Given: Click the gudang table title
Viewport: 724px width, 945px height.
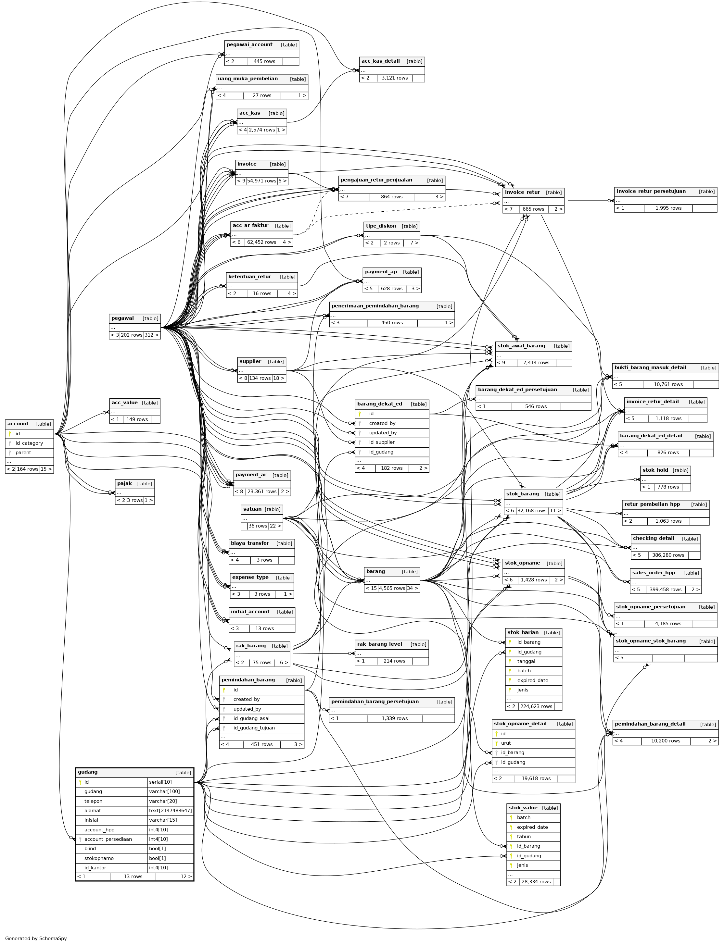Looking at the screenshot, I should tap(88, 772).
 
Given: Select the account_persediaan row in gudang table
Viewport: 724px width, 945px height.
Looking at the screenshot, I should tap(108, 839).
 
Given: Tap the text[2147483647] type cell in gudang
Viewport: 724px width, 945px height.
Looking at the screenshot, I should tap(170, 811).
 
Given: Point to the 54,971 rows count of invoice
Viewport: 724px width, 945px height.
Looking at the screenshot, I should tap(261, 181).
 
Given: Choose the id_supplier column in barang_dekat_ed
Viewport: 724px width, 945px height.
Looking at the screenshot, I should tap(382, 442).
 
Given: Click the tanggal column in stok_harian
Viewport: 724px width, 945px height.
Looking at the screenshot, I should tap(526, 661).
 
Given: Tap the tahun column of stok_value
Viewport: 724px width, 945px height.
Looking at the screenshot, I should tap(524, 837).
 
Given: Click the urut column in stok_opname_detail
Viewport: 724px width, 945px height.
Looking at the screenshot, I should tap(506, 743).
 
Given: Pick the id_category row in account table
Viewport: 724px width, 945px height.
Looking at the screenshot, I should tap(29, 443).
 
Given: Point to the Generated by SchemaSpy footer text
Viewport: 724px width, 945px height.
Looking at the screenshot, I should tap(36, 939).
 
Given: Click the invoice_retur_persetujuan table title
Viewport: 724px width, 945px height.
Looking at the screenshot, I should tap(651, 191).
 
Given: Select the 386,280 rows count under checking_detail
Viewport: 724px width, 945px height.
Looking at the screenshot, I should tap(668, 555).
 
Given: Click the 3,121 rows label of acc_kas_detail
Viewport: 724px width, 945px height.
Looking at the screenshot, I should tap(394, 78).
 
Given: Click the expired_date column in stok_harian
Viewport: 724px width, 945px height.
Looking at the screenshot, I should tap(533, 680).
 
